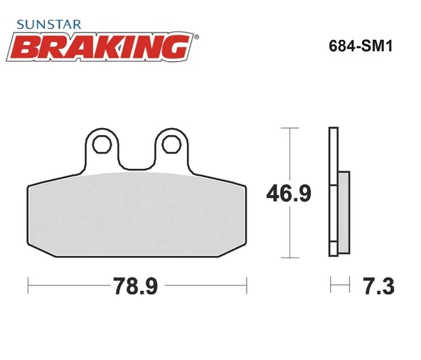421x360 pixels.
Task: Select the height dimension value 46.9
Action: (x=288, y=193)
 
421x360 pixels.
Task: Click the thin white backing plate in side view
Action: (x=331, y=192)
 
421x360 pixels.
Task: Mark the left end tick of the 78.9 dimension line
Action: (x=28, y=286)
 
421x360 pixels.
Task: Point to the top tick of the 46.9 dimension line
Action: (x=287, y=128)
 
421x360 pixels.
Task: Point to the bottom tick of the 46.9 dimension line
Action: (x=287, y=256)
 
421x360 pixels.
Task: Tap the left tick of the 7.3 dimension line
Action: (x=331, y=286)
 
